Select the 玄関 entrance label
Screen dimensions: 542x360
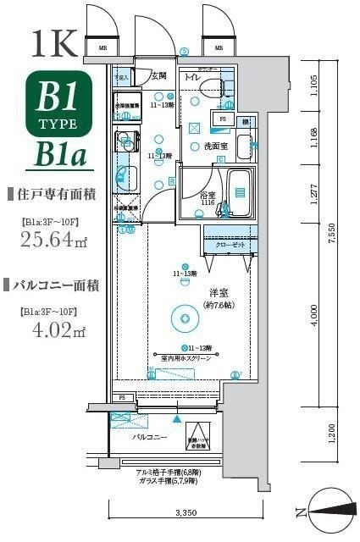(158, 75)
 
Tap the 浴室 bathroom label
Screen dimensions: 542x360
(208, 196)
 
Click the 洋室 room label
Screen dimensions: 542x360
(221, 294)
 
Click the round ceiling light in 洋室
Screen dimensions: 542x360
(182, 318)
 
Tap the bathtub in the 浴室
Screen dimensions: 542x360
(240, 192)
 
